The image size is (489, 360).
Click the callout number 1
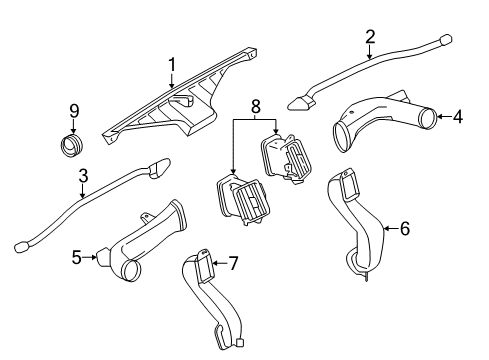pos(171,66)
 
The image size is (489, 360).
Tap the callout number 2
pos(369,37)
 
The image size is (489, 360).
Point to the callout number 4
pos(457,117)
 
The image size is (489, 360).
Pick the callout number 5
pos(76,257)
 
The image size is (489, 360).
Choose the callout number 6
pos(405,228)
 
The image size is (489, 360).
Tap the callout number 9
pos(73,111)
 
